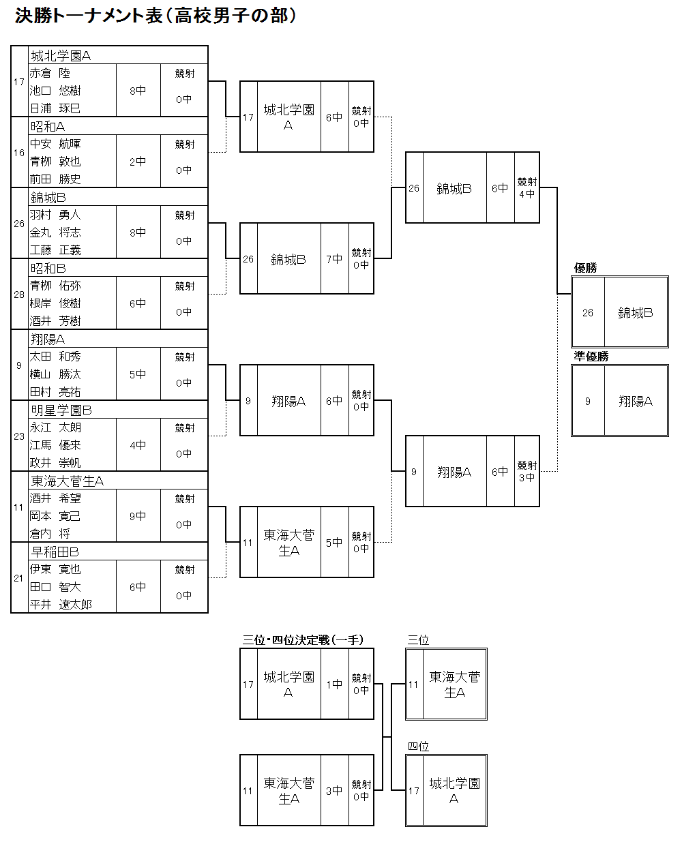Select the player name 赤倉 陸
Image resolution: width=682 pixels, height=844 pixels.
(50, 73)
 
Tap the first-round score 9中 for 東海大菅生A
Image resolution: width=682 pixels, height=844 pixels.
(138, 516)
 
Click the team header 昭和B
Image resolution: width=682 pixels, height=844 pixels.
(48, 268)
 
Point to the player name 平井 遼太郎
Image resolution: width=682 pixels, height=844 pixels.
(61, 605)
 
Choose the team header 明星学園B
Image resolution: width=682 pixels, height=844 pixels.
(61, 410)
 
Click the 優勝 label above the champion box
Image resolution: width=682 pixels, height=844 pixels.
(585, 268)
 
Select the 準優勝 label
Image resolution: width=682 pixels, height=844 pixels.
(591, 357)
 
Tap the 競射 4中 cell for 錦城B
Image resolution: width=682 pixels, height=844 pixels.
(527, 187)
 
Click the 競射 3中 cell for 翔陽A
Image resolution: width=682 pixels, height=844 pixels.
(527, 471)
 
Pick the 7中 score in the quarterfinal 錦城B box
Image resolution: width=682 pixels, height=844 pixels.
(334, 259)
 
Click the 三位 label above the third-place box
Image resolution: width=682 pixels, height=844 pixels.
(418, 640)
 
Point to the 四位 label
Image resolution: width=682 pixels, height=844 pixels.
(418, 747)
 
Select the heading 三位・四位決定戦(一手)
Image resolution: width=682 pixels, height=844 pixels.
(303, 640)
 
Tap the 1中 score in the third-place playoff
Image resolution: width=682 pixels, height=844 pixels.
(334, 684)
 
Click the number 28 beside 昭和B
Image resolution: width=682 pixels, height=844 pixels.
(19, 295)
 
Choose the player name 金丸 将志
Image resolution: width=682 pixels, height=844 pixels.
(55, 232)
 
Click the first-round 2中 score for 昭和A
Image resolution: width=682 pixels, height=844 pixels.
(138, 162)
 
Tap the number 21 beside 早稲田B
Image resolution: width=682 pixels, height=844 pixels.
(19, 578)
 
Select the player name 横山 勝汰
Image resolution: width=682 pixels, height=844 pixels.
(55, 374)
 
